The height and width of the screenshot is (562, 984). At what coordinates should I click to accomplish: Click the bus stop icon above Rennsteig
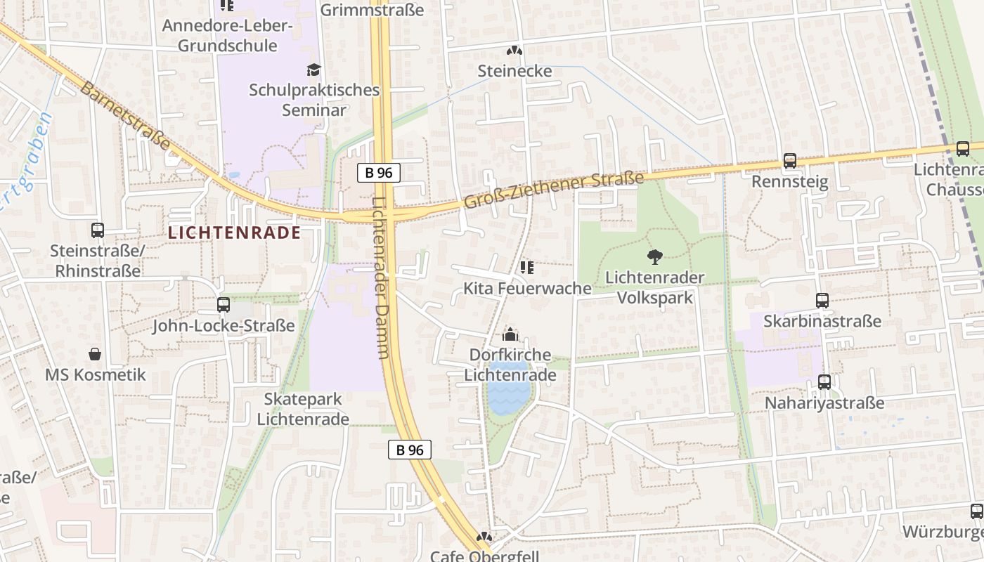click(790, 161)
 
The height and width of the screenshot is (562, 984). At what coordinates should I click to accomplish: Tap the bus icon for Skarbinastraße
click(822, 301)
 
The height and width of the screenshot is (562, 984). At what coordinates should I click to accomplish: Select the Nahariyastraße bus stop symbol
click(824, 382)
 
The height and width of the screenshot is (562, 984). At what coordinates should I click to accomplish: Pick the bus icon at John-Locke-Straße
click(224, 305)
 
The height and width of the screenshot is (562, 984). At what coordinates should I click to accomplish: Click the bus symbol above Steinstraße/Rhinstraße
click(98, 230)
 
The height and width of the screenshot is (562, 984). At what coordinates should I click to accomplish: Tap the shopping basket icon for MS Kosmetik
click(95, 354)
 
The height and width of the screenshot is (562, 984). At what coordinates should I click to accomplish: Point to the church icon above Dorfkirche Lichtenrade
click(510, 334)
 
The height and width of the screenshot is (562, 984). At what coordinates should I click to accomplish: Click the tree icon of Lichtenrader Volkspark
click(654, 257)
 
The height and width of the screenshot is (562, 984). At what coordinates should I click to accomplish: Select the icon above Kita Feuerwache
click(526, 267)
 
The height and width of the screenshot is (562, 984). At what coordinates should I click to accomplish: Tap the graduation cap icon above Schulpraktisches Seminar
click(313, 70)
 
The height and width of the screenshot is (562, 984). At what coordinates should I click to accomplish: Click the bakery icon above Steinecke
click(514, 51)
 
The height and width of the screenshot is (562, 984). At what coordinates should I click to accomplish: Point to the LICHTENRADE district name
click(235, 233)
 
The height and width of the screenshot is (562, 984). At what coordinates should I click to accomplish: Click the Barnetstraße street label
click(125, 116)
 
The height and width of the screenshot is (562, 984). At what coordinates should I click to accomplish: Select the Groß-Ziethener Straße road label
click(554, 190)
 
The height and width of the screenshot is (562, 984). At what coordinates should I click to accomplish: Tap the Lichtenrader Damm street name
click(381, 277)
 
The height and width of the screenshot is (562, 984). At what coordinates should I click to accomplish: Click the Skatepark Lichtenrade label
click(303, 409)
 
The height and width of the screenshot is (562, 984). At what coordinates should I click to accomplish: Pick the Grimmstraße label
click(372, 10)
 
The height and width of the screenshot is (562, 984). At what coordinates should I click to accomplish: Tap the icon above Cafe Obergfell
click(484, 537)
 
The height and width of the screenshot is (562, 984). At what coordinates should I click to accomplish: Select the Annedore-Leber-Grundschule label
click(227, 36)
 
